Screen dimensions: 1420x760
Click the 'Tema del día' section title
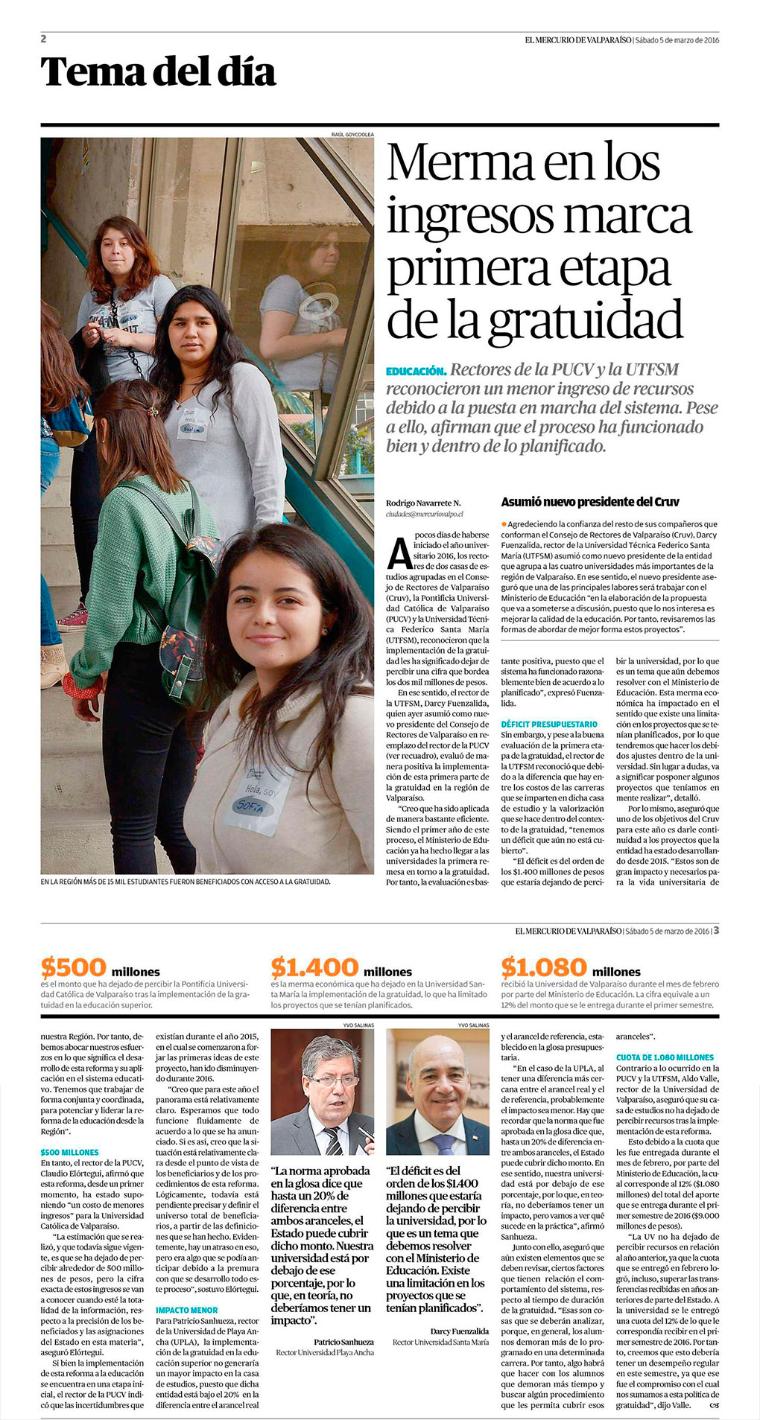(x=158, y=72)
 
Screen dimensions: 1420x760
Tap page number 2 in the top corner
(x=44, y=39)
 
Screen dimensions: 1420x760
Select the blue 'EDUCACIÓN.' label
(x=416, y=371)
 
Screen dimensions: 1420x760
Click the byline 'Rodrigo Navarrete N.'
(x=423, y=503)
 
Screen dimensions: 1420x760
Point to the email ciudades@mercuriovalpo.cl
(x=425, y=514)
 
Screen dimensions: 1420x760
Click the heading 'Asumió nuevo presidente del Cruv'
(x=590, y=502)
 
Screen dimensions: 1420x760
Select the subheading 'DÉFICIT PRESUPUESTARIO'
(x=549, y=724)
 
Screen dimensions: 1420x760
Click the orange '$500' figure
(x=74, y=967)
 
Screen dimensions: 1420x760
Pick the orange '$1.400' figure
(x=314, y=967)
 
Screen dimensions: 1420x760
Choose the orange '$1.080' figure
(x=544, y=967)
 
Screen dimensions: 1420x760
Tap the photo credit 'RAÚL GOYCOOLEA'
(x=352, y=134)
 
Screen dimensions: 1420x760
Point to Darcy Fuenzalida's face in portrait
(x=440, y=1081)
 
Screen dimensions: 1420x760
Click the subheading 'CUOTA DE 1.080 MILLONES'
(x=665, y=1057)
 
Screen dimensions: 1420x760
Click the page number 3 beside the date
(x=716, y=930)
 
